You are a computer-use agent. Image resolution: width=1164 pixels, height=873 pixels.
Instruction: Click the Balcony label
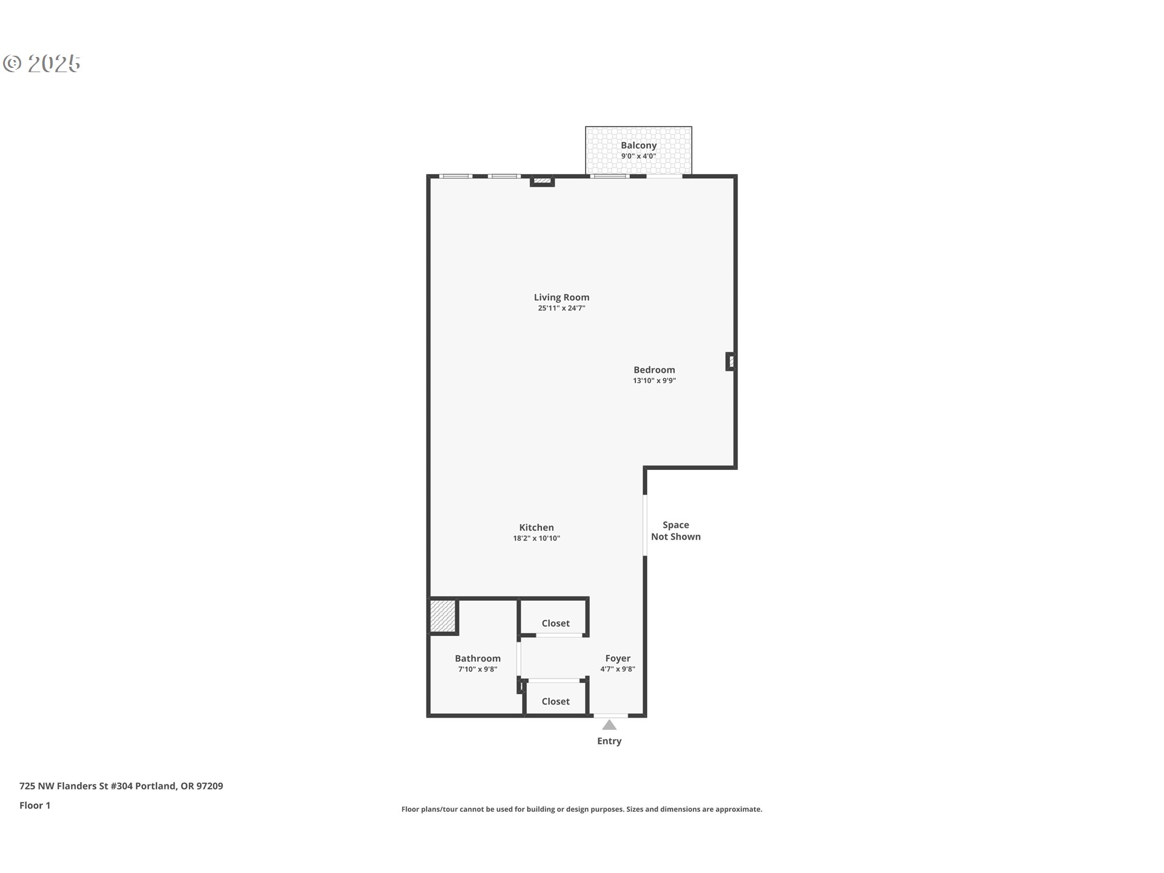click(638, 145)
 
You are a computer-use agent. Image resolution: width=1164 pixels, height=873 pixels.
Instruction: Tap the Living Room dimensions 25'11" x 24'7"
click(561, 308)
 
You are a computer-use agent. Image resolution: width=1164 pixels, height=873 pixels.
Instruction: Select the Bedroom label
click(654, 370)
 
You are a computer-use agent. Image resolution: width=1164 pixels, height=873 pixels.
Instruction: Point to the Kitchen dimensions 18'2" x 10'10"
click(537, 538)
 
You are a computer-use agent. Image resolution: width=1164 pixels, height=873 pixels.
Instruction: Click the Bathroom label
click(478, 658)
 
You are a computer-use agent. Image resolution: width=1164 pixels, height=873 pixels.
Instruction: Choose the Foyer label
click(618, 658)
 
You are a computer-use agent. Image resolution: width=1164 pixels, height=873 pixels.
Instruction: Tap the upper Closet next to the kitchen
click(555, 623)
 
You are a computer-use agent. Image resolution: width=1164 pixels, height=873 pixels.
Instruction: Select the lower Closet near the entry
click(555, 701)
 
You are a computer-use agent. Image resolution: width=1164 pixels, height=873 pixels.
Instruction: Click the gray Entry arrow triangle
click(609, 725)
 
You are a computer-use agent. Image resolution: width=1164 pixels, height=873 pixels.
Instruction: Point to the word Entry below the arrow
click(609, 741)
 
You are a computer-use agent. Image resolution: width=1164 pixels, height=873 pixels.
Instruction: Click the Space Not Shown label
click(675, 530)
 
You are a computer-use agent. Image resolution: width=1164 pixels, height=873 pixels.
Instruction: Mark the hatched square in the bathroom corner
click(442, 616)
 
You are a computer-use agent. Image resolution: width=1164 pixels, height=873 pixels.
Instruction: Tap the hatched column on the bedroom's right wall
click(731, 362)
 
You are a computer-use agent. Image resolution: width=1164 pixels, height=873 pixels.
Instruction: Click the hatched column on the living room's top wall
click(542, 180)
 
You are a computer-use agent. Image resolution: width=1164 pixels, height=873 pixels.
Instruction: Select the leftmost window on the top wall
click(455, 176)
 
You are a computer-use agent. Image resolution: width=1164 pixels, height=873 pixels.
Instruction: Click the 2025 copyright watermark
click(42, 64)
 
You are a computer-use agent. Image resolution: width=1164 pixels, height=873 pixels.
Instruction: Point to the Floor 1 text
click(35, 805)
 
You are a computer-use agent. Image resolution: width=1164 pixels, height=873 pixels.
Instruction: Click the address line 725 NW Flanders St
click(121, 786)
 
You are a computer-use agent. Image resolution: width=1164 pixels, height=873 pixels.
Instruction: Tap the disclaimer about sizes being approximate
click(581, 809)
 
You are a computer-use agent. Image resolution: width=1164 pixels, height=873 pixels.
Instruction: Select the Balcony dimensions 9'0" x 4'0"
click(638, 156)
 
